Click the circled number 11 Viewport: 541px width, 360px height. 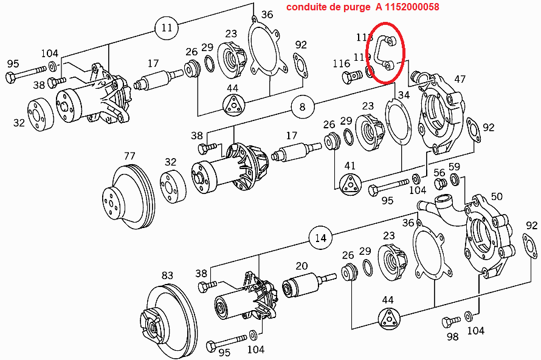point(167,27)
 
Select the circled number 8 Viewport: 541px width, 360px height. point(302,108)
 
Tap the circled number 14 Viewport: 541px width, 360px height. point(321,238)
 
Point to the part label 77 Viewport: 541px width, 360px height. point(129,156)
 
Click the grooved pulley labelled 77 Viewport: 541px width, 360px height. point(128,197)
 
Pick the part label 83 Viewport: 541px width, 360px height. point(167,275)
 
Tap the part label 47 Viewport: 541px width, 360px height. point(460,79)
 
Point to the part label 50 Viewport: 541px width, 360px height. point(497,196)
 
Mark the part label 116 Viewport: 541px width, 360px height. point(341,63)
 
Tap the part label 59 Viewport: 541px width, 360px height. point(454,167)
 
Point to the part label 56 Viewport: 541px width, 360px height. point(439,173)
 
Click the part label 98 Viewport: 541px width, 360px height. point(452,336)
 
